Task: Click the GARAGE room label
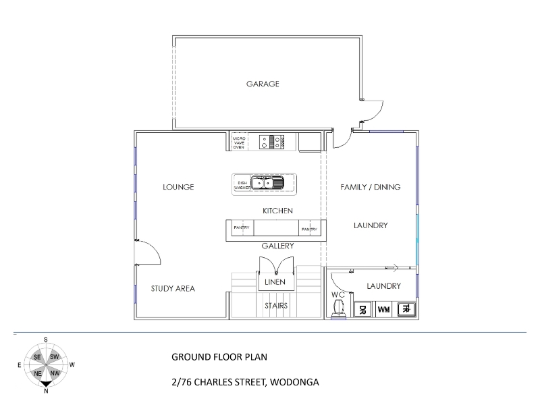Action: (263, 84)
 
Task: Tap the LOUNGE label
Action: (178, 187)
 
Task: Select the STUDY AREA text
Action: (173, 289)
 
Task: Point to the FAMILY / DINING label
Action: (370, 187)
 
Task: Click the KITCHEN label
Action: (277, 211)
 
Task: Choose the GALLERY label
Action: (277, 246)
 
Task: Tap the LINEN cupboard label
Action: (275, 282)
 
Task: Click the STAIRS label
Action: (276, 306)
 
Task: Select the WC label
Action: (338, 295)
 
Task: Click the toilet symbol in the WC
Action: (337, 308)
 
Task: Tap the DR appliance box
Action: (362, 310)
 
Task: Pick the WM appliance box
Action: (383, 310)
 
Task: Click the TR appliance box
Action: (406, 309)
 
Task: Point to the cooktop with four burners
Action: (272, 142)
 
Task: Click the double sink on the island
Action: (267, 182)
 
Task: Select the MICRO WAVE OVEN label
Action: (239, 142)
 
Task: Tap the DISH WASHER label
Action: (242, 185)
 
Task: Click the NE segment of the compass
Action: (38, 373)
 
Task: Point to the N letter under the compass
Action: (46, 391)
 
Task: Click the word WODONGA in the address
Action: (294, 382)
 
